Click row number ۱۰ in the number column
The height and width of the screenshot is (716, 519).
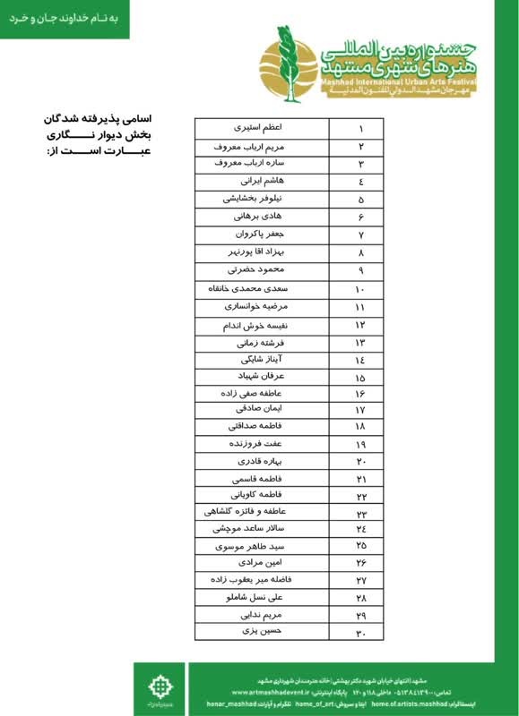pos(360,289)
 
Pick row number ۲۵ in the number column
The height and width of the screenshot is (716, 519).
pos(360,545)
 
